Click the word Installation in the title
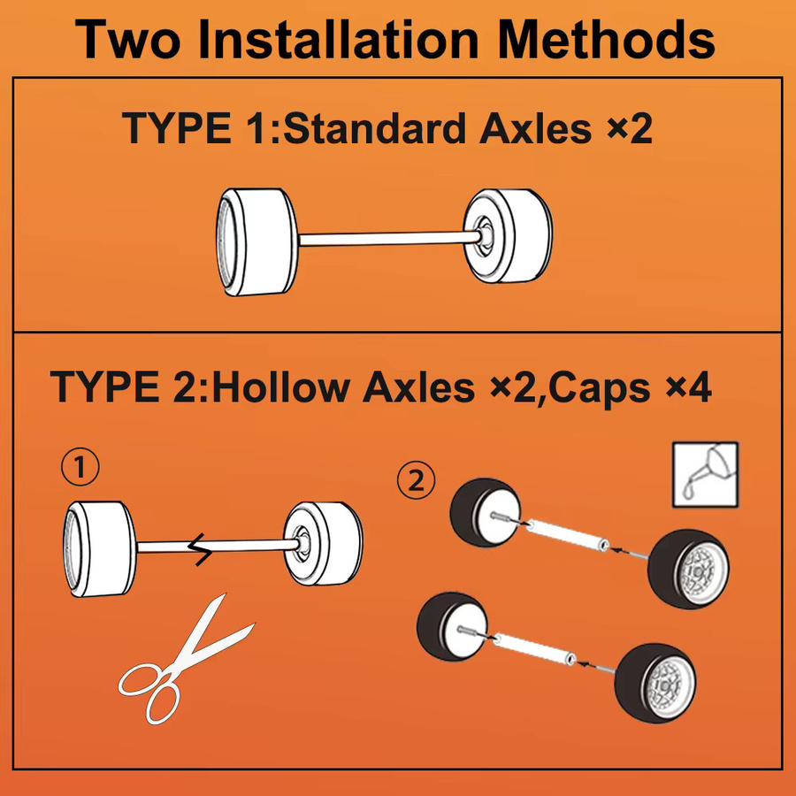338,40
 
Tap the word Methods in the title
606,40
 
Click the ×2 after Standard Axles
630,128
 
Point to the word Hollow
280,387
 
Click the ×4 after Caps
688,387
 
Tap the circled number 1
80,467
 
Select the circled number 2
417,480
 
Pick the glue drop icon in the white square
706,475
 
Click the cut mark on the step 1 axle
201,549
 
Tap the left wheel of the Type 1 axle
256,242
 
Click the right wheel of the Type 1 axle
508,235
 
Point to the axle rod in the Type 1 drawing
390,239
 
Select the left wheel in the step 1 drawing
99,549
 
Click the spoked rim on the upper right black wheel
704,570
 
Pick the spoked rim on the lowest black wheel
670,684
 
